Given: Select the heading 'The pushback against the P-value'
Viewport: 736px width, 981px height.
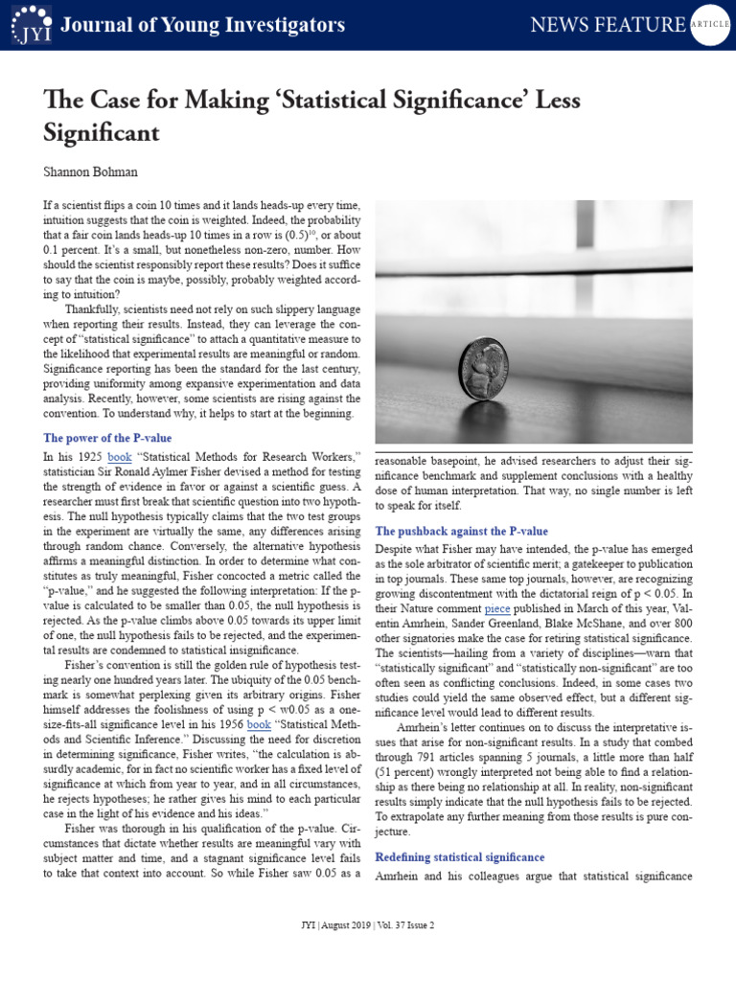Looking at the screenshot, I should [x=461, y=531].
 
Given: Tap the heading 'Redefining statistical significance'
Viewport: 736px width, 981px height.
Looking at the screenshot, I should [x=460, y=856].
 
